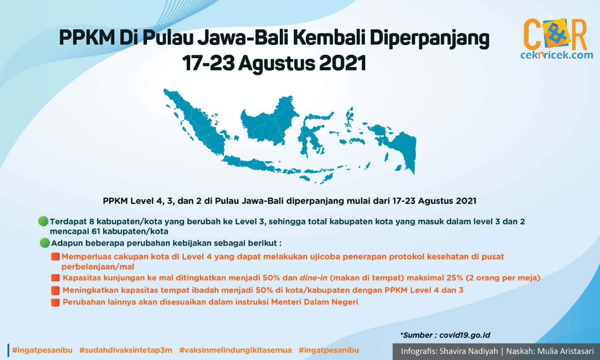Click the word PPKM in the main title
coord(87,38)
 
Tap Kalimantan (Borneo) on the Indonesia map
coord(269,120)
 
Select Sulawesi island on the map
coord(313,134)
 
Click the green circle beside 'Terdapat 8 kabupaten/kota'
coord(43,221)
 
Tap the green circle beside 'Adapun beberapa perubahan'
coord(45,243)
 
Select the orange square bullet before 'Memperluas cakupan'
coord(55,256)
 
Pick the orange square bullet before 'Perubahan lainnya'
coord(55,302)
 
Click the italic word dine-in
coord(313,277)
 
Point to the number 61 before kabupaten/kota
coord(96,231)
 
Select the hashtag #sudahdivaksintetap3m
coord(126,350)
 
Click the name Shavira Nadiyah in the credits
coord(469,351)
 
